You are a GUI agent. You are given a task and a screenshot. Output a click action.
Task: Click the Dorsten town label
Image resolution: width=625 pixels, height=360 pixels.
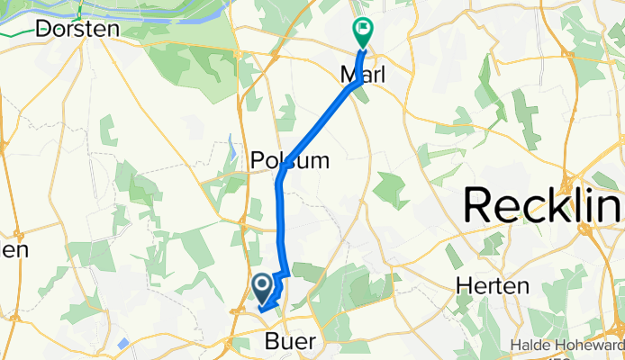pos(78,29)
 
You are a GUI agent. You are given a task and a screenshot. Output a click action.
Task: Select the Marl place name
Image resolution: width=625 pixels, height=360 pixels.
pos(362,76)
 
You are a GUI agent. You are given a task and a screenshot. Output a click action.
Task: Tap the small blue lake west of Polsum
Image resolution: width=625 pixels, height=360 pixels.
pos(233,144)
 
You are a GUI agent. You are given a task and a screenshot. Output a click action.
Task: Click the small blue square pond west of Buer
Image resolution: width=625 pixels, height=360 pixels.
pos(122,343)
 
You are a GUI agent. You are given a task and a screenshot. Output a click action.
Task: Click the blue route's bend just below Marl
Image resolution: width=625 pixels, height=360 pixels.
pos(358,83)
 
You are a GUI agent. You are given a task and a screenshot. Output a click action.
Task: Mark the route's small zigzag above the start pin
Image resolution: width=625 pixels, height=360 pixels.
pos(282,274)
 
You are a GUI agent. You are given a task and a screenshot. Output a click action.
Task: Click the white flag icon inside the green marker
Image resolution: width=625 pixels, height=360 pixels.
pos(363,29)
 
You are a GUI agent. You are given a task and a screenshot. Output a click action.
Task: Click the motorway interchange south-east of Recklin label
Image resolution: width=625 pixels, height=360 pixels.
pos(589,230)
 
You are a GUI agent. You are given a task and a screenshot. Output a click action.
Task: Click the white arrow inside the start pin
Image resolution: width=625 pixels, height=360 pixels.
pos(262,286)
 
